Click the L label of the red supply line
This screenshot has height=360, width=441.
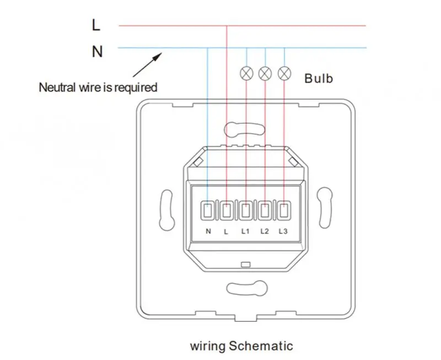(x=96, y=25)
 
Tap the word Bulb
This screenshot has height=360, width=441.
(x=319, y=78)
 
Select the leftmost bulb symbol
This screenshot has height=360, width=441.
(x=246, y=73)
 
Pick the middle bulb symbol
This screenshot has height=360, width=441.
(x=265, y=73)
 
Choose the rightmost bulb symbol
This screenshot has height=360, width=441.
(x=284, y=73)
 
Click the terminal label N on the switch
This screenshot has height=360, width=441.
(x=208, y=231)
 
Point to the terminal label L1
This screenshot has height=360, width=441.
(x=245, y=231)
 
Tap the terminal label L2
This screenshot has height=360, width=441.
(x=264, y=231)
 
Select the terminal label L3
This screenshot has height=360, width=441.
(x=283, y=231)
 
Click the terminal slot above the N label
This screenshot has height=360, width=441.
(x=208, y=211)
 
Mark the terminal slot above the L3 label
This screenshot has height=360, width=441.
(x=284, y=211)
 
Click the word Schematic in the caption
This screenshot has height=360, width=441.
(x=263, y=346)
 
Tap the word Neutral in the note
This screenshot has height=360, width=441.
(x=56, y=87)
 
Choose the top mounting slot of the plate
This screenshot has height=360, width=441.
(x=246, y=129)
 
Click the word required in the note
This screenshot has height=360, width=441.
(x=135, y=87)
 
